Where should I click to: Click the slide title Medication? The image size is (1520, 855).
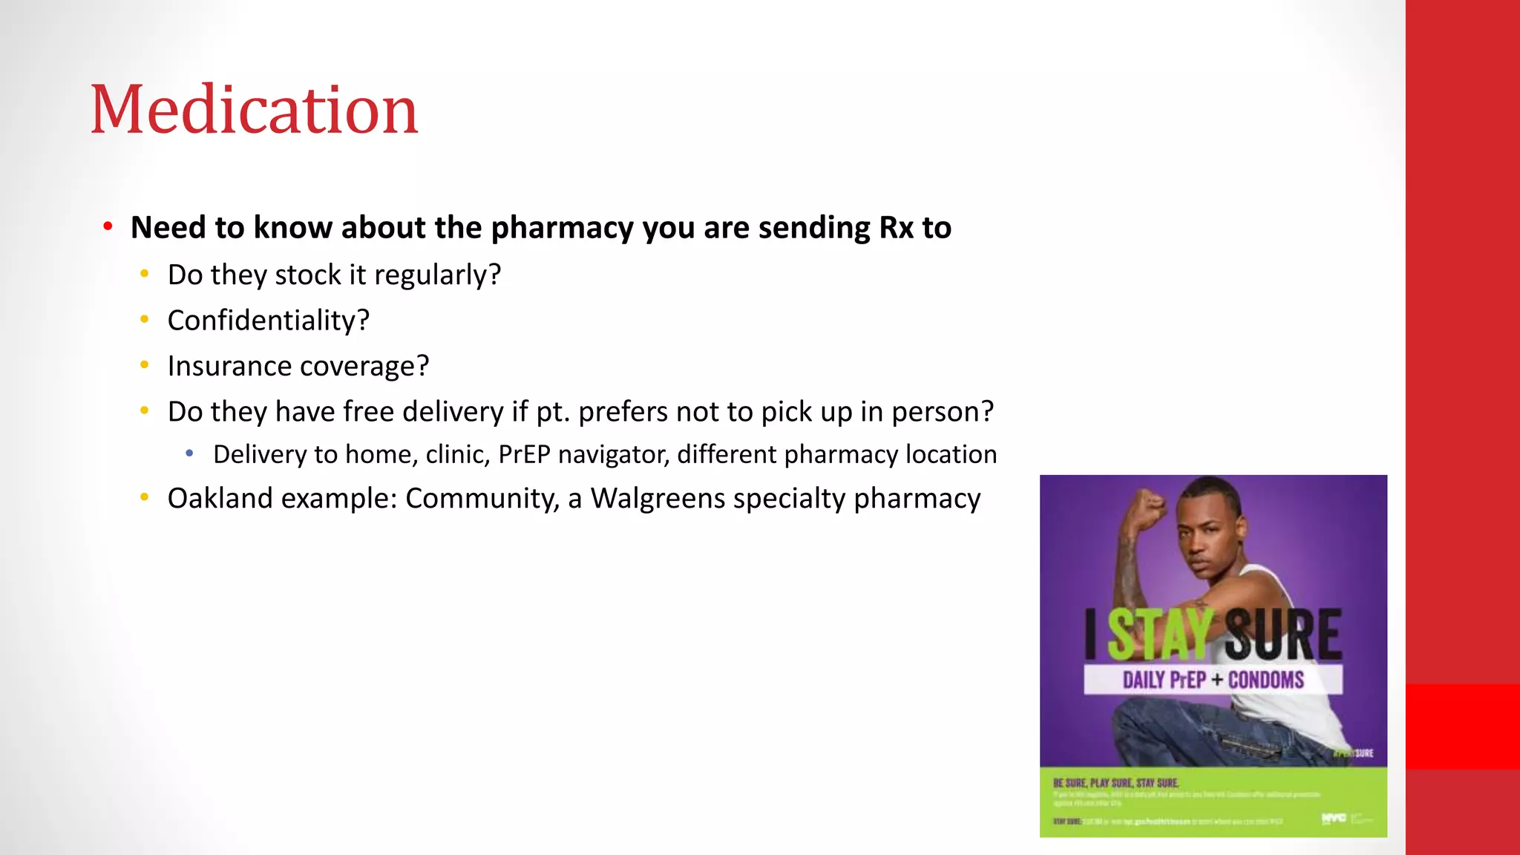pos(254,110)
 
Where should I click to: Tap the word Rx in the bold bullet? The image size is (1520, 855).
pos(896,228)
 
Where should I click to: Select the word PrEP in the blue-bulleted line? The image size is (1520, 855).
pos(524,454)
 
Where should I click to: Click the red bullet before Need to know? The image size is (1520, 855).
pos(108,226)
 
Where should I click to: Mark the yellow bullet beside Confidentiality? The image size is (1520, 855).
pos(145,320)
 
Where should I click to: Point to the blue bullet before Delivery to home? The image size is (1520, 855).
pos(190,453)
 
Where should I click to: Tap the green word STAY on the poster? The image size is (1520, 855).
pos(1159,634)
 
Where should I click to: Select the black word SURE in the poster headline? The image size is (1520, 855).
pos(1282,634)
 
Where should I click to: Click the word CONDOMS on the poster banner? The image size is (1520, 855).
pos(1265,680)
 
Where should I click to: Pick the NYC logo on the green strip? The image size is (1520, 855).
pos(1333,818)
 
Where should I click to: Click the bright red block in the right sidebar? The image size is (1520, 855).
pos(1463,726)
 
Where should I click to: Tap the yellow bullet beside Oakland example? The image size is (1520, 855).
pos(145,497)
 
